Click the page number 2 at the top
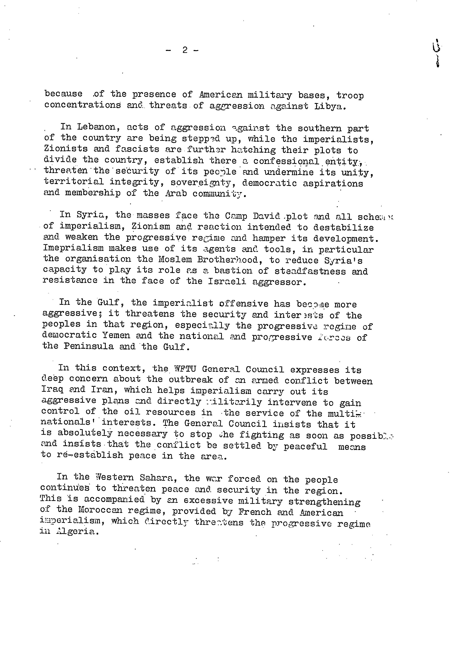click(185, 50)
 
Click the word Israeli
click(227, 282)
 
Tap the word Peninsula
click(88, 346)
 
